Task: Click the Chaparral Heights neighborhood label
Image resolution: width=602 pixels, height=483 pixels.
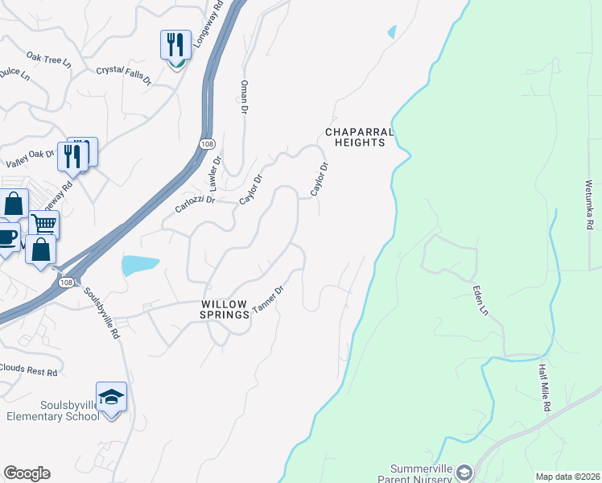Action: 359,137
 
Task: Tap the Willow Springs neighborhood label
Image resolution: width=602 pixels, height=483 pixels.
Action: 225,309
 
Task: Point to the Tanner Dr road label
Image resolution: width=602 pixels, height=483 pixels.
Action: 269,300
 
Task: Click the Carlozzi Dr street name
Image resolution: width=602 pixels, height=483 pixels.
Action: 195,204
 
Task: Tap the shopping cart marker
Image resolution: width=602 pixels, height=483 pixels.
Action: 44,223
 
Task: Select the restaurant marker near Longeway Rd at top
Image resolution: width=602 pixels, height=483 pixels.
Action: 175,44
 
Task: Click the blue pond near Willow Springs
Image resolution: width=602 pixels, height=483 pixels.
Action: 140,265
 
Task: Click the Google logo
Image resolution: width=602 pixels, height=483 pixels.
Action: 27,473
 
